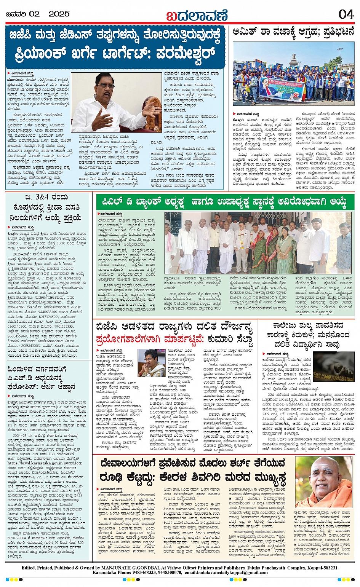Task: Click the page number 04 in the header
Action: [x=346, y=14]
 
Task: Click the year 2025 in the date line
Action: [x=59, y=14]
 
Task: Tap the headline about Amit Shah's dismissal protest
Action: [x=293, y=32]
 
